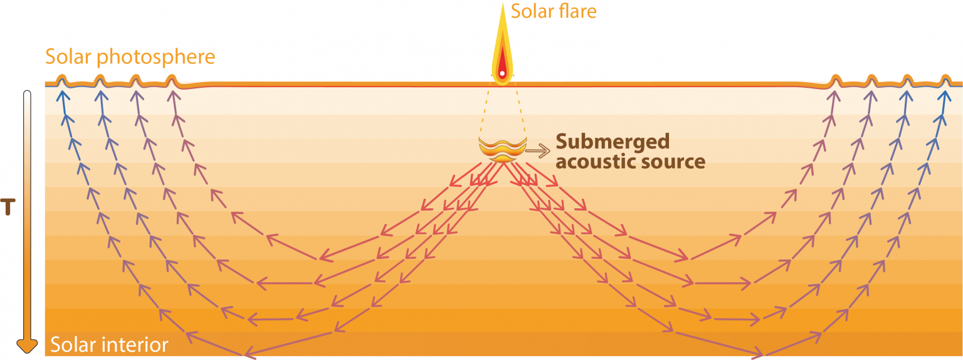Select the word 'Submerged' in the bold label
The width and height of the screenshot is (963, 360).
pyautogui.click(x=613, y=140)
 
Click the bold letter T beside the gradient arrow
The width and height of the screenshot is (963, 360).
pyautogui.click(x=8, y=207)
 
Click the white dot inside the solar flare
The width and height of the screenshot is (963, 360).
pyautogui.click(x=502, y=74)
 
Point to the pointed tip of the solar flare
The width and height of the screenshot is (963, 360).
pyautogui.click(x=502, y=5)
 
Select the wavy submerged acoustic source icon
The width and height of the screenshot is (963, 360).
pyautogui.click(x=501, y=151)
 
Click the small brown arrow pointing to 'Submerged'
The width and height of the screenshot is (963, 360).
pyautogui.click(x=537, y=150)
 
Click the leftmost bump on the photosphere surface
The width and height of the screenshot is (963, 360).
pyautogui.click(x=61, y=80)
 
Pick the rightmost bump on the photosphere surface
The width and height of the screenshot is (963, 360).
pyautogui.click(x=946, y=80)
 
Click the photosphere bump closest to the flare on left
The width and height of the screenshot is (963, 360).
pyautogui.click(x=172, y=80)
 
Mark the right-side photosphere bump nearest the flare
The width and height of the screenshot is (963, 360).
pyautogui.click(x=835, y=80)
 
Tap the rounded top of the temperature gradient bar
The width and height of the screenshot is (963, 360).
pyautogui.click(x=27, y=95)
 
